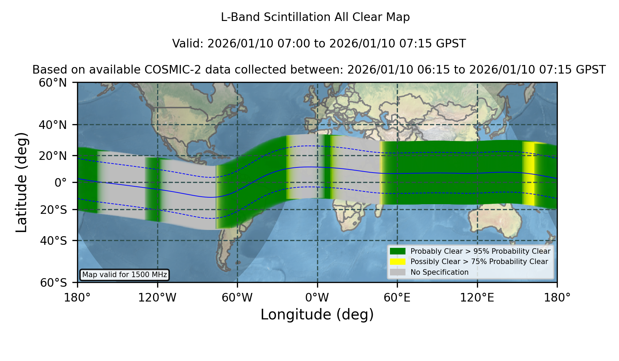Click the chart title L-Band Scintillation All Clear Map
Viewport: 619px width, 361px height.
click(x=315, y=17)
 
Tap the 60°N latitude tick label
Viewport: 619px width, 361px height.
click(x=53, y=83)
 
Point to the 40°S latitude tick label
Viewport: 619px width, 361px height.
click(x=54, y=241)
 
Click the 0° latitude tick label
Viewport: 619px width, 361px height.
click(x=61, y=183)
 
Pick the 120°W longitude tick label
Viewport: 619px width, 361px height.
click(x=158, y=298)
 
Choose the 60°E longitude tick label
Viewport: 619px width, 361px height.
click(x=397, y=298)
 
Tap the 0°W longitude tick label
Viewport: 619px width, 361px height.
click(x=317, y=298)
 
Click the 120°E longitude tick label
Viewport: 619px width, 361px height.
click(x=477, y=298)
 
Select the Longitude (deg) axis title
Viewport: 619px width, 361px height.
click(x=317, y=315)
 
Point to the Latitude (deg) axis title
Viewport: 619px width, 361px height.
click(x=21, y=182)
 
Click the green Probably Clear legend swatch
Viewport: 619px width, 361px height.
click(x=398, y=251)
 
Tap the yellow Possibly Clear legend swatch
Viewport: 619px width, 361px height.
click(x=398, y=262)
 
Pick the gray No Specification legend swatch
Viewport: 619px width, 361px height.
click(x=398, y=272)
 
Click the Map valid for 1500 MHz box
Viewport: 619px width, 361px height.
click(x=124, y=275)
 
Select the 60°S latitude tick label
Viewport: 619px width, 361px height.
click(x=54, y=283)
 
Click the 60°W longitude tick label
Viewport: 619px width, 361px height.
click(x=237, y=298)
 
